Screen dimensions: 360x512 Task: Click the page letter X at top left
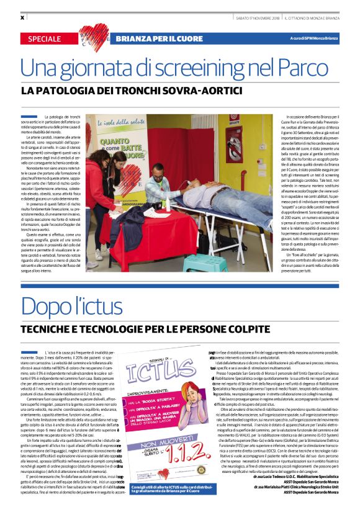click(x=22, y=17)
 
